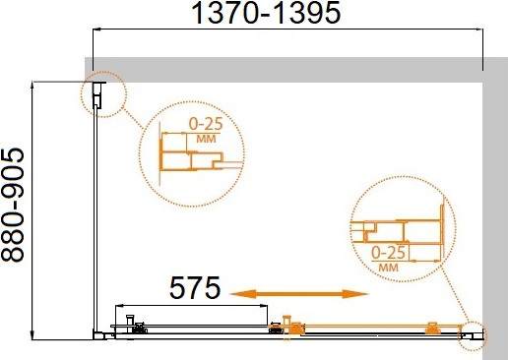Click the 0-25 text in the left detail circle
pos(204,125)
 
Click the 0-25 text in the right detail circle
pos(391,252)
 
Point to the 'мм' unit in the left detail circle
pos(206,139)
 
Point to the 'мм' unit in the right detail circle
pos(389,266)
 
